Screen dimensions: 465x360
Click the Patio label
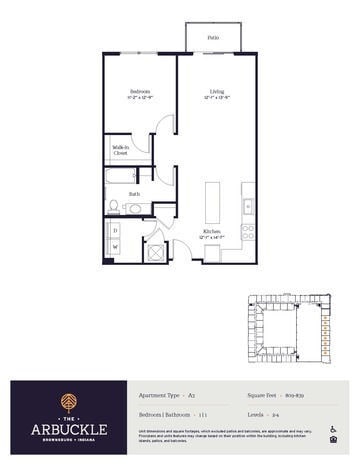[x=212, y=37]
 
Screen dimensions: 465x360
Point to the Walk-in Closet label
[x=120, y=151]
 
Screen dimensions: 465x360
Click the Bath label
[x=133, y=193]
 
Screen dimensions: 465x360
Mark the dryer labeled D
[x=115, y=231]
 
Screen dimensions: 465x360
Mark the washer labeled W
[x=115, y=251]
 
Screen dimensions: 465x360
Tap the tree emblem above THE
[x=67, y=398]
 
